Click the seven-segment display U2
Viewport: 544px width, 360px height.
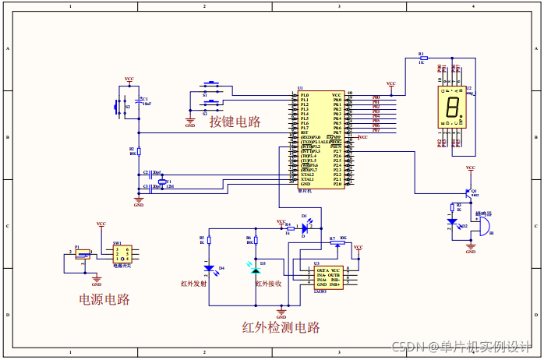pos(450,107)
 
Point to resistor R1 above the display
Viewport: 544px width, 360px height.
pos(422,58)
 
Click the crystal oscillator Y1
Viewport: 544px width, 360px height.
pos(163,183)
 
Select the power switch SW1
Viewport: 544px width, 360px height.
pos(122,254)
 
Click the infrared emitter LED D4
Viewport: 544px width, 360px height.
pos(209,269)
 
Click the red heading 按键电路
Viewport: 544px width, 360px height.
pos(234,121)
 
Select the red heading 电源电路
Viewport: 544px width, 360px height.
pos(104,299)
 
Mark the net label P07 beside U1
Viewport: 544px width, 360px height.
pos(376,130)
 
